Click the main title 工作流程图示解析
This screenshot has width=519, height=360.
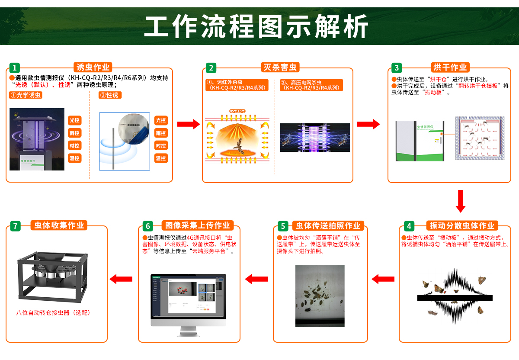tap(256, 27)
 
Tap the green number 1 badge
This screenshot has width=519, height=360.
tap(15, 68)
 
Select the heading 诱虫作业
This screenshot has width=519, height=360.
tap(93, 67)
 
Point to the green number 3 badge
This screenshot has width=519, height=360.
tap(397, 68)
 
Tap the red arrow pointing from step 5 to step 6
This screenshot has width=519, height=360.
tap(256, 279)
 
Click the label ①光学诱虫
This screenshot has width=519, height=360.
tap(26, 95)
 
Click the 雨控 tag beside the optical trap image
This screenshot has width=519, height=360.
tap(75, 133)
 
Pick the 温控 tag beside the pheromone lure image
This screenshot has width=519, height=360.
tap(161, 158)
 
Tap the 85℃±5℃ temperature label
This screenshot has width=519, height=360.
tap(237, 111)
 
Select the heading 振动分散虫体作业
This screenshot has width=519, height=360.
tap(462, 226)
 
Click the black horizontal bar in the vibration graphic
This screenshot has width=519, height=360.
tap(455, 298)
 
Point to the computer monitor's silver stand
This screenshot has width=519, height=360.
tap(188, 331)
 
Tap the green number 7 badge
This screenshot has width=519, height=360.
tap(15, 226)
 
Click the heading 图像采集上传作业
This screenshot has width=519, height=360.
tap(198, 225)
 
